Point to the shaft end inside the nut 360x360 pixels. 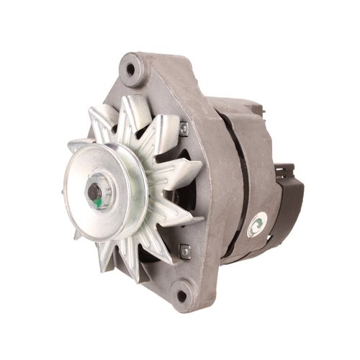[x=94, y=191]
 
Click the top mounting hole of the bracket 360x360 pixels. [x=132, y=71]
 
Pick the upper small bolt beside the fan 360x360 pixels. [x=184, y=128]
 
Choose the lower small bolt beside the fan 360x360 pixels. [x=184, y=251]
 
